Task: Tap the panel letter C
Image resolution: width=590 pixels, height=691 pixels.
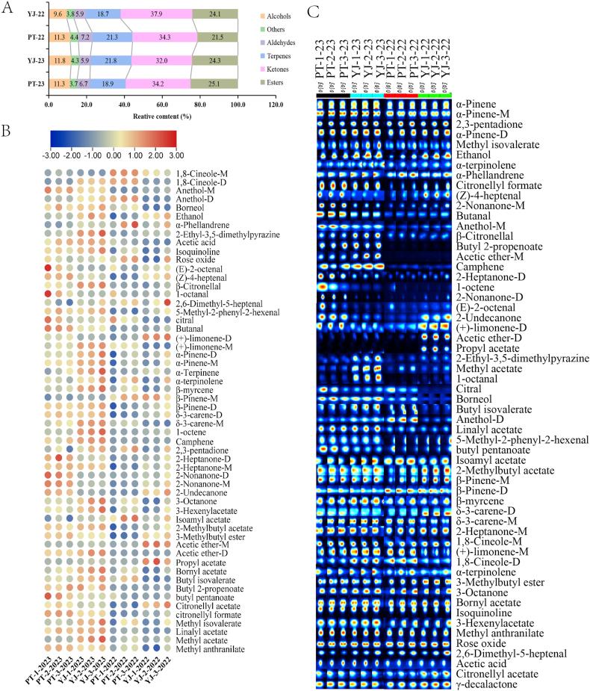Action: (x=313, y=13)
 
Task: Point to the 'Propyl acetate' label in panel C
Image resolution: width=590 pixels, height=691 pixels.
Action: (x=487, y=348)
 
